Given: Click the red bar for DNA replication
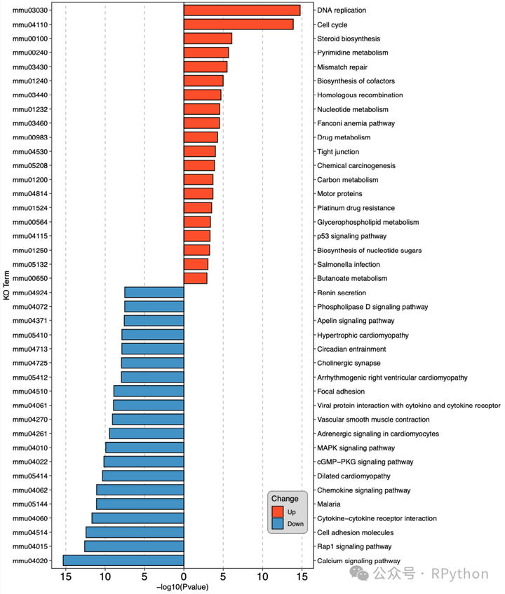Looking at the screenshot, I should (242, 11).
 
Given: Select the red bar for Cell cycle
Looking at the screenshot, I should (238, 25).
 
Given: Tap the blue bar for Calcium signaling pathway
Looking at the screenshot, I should (123, 560).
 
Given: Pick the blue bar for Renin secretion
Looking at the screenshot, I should (154, 293).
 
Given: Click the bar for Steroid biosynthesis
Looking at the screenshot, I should (208, 39).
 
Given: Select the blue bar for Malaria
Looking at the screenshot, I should (140, 504).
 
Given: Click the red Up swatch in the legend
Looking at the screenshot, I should (278, 512).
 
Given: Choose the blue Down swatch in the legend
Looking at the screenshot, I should (278, 523).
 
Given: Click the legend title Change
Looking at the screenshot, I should (285, 499).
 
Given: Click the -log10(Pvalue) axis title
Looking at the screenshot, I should (184, 587).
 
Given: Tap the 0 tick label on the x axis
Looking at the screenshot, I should (184, 576).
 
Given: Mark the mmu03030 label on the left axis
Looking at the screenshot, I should (29, 11).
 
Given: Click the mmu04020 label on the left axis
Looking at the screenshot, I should (29, 560).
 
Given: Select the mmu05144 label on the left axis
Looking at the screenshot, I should (29, 504).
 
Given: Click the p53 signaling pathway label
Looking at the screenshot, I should (351, 236).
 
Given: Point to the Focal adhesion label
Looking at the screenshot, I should (341, 392).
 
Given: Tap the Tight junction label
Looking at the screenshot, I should (338, 151).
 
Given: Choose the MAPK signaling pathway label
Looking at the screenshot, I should (356, 448).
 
